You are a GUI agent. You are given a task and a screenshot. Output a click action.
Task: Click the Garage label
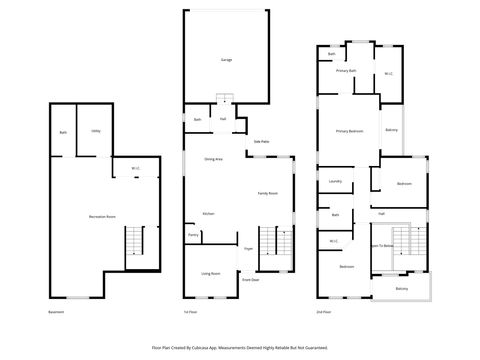click(x=226, y=60)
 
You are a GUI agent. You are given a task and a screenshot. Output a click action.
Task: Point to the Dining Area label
click(x=213, y=159)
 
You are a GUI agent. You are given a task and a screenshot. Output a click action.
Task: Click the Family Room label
click(x=268, y=193)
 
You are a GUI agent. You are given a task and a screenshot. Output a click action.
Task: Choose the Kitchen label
click(x=208, y=214)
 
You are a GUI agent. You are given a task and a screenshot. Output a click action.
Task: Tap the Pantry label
click(x=192, y=236)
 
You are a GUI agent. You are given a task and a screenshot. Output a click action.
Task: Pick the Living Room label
click(x=210, y=273)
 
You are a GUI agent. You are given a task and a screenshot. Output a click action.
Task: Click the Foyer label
click(x=248, y=248)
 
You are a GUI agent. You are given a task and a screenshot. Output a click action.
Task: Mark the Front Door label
click(x=250, y=281)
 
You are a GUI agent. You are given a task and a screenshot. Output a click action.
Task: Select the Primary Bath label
click(x=346, y=71)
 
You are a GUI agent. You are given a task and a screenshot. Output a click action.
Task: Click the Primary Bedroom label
click(x=349, y=131)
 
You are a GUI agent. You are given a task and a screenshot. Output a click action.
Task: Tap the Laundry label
click(x=335, y=181)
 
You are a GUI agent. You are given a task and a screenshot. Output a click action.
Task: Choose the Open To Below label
click(x=381, y=245)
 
